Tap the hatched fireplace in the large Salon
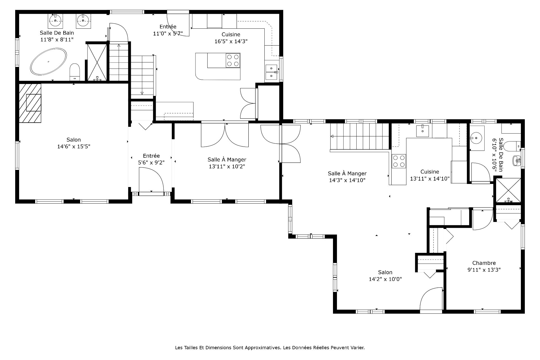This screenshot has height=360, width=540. coord(30,103)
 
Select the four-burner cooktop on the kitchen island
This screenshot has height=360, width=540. coord(233,60)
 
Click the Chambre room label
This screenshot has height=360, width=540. coord(484,263)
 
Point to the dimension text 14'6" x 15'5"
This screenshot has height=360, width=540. coord(74,146)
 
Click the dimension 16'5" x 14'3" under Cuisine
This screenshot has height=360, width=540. coord(231,41)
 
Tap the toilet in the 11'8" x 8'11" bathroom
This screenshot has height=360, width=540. coord(75,72)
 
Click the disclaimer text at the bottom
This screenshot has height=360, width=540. coord(270,348)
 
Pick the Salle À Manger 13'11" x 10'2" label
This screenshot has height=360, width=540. coord(227,163)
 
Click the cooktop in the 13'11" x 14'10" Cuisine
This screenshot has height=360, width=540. coord(399,161)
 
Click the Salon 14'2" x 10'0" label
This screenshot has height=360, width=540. coord(385,276)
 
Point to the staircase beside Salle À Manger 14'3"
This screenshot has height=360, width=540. coord(360,136)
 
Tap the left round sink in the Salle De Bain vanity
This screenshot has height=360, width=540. coord(55,20)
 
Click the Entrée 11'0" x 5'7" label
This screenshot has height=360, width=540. coord(168,30)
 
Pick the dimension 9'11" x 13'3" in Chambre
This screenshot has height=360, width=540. coord(484,270)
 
